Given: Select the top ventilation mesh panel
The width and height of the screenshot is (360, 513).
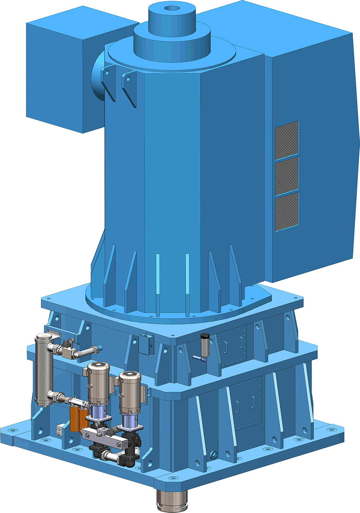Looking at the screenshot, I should pos(286,138).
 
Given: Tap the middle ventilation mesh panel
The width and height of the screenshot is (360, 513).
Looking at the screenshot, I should pos(286,175).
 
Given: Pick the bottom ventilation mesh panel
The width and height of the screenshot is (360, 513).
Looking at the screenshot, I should pos(286,211).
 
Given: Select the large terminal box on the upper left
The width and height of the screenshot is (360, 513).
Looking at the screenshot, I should pos(56,74).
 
